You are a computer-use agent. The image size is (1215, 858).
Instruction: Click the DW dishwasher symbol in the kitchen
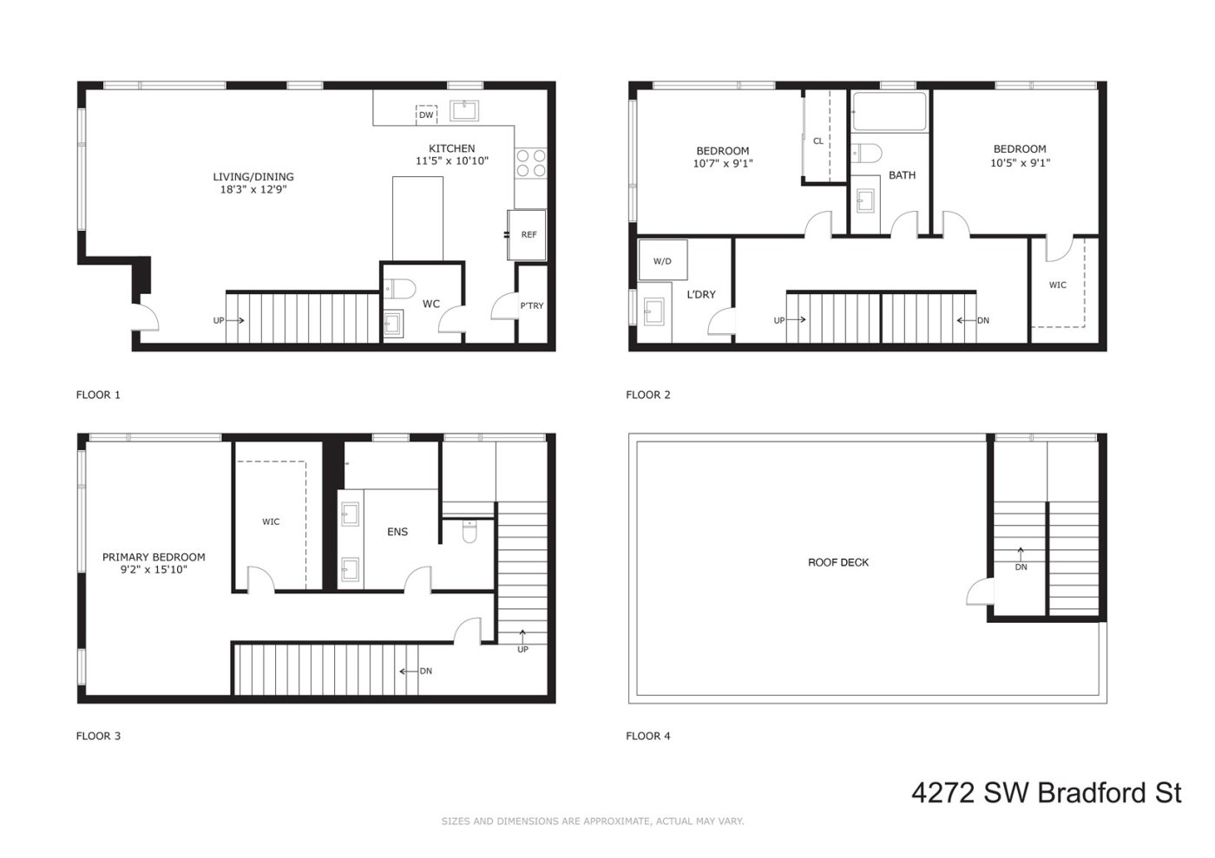click(426, 115)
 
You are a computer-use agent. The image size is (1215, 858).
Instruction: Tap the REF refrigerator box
click(529, 234)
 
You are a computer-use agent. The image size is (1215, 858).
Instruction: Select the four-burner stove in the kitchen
click(531, 163)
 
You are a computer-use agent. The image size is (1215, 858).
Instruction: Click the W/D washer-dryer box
click(662, 260)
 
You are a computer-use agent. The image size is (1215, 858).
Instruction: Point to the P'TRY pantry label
click(532, 305)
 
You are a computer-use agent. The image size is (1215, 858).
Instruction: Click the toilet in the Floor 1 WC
click(400, 288)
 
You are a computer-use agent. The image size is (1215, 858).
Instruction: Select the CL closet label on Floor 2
click(818, 141)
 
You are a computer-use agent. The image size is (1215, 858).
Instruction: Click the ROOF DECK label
click(838, 562)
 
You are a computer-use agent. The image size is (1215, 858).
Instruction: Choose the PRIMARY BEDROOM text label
click(154, 557)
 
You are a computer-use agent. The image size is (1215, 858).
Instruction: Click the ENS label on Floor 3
click(397, 532)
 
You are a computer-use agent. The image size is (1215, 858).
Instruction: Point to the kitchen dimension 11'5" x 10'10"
click(452, 160)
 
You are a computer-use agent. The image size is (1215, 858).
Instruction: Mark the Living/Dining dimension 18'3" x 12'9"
click(253, 189)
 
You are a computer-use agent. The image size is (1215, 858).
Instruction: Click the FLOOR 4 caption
click(648, 736)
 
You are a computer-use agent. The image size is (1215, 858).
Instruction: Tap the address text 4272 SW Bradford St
click(1046, 792)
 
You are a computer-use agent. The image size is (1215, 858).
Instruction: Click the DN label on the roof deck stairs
click(1021, 567)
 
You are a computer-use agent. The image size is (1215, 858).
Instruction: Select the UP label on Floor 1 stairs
click(219, 320)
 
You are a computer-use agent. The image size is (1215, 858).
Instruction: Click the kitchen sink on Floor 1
click(465, 110)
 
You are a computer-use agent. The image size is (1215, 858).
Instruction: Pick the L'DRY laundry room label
click(701, 295)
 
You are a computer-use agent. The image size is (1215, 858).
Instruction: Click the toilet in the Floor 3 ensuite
click(470, 530)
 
